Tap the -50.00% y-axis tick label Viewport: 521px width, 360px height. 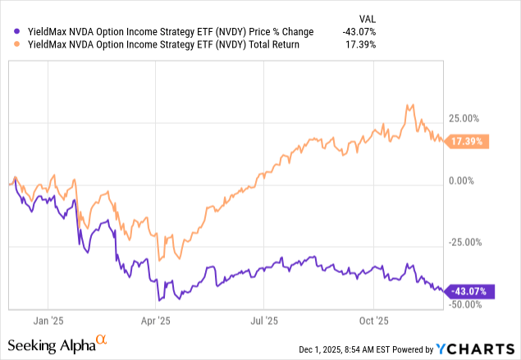[468, 304]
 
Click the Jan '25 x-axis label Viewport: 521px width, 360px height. [49, 321]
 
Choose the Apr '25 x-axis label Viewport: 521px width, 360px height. [154, 321]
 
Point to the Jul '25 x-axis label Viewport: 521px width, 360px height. [262, 321]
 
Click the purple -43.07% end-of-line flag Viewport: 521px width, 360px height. [468, 291]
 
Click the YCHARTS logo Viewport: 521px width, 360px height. [479, 345]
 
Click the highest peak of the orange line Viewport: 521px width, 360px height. [409, 105]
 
